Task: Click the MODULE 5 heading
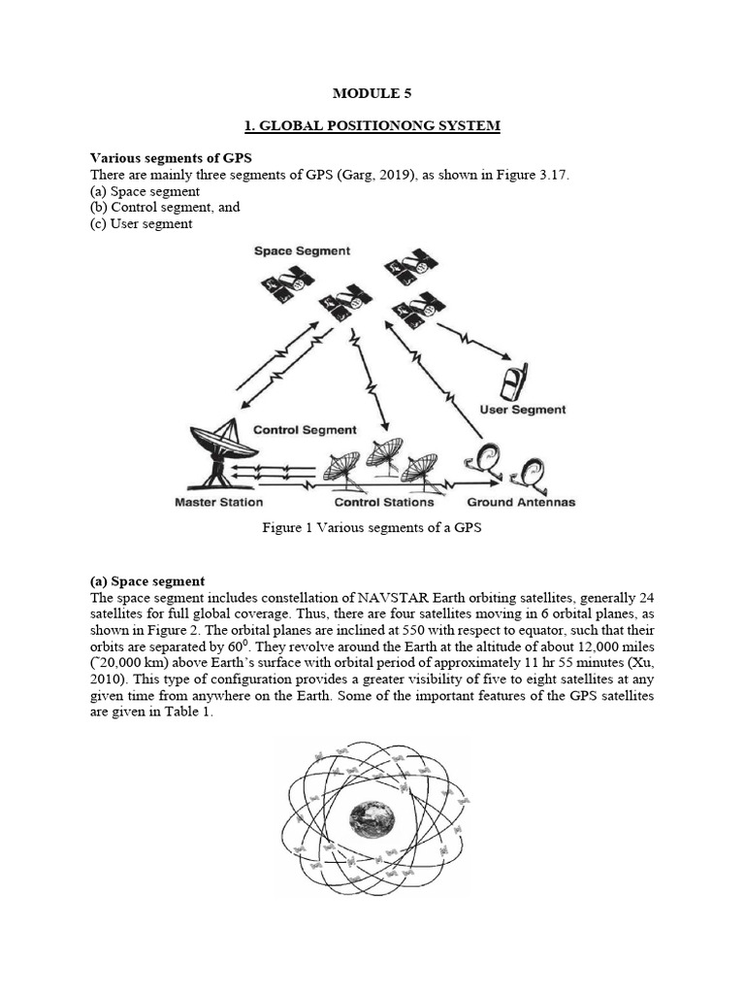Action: click(372, 93)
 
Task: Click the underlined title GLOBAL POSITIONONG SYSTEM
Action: click(372, 127)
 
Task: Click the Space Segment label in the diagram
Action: click(302, 250)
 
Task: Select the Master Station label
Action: click(218, 502)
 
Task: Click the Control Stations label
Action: click(383, 502)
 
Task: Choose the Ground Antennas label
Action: click(521, 502)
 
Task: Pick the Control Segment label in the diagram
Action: click(305, 429)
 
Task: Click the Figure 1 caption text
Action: click(372, 529)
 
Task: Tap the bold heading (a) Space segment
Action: click(147, 580)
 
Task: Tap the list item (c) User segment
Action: click(142, 223)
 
